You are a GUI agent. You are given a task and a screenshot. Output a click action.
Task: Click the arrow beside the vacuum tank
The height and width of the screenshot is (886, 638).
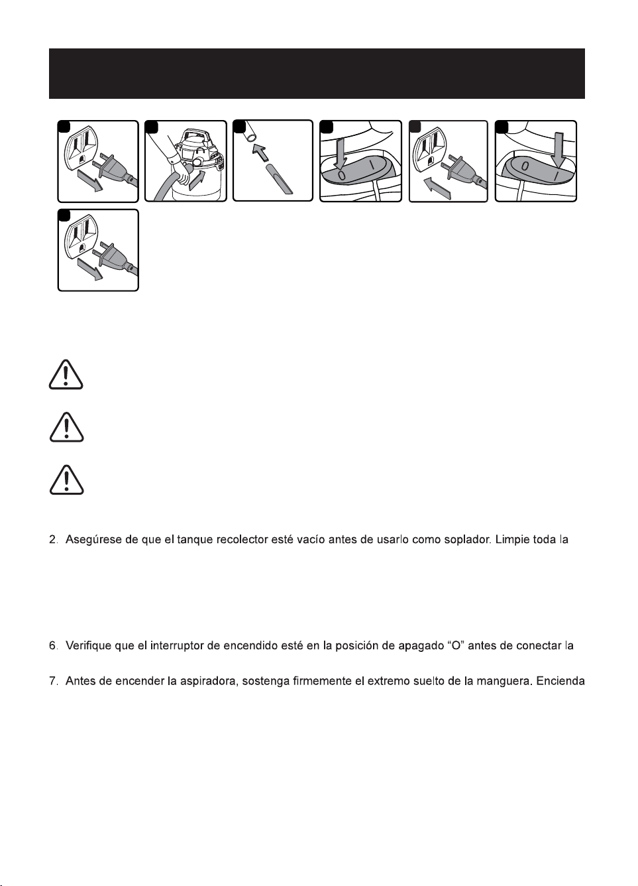[197, 180]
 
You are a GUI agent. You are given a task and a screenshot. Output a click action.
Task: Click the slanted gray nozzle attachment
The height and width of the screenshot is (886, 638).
[280, 180]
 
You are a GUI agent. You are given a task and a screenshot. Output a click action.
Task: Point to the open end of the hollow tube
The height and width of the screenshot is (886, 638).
[249, 137]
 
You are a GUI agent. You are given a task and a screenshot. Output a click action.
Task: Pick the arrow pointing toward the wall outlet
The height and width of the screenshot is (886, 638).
[438, 188]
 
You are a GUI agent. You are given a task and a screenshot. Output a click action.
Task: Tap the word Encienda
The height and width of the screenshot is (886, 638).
[560, 682]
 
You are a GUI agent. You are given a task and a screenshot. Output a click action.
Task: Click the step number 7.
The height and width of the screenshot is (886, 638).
[52, 682]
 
